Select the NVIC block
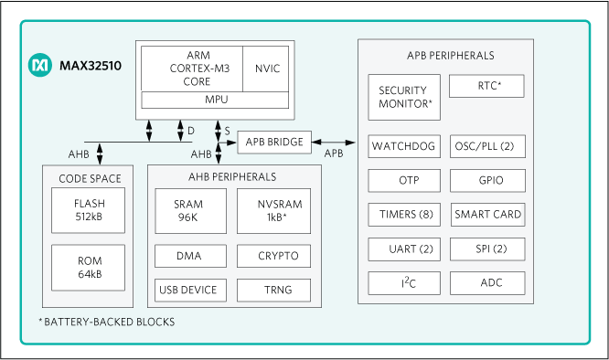[268, 69]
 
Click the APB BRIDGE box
[274, 142]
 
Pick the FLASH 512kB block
[89, 209]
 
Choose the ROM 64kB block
[89, 267]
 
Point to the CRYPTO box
[273, 255]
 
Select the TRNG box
[273, 290]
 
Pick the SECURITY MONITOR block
[404, 98]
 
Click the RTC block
[487, 87]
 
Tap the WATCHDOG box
[404, 145]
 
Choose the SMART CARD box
[488, 215]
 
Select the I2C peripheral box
[404, 282]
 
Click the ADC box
[488, 282]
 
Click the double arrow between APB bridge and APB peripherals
[335, 142]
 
